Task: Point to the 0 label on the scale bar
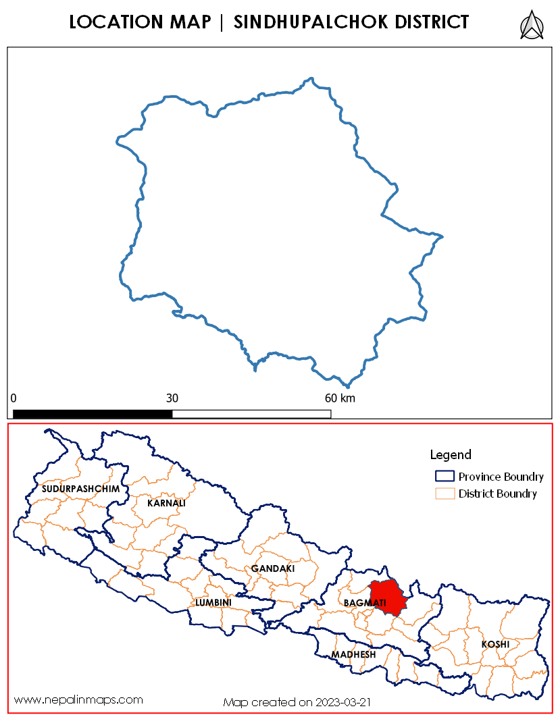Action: (x=14, y=398)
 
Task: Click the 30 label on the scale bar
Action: (x=172, y=398)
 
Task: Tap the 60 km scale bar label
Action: (x=340, y=398)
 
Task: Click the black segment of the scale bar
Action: (x=93, y=413)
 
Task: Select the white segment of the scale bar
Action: (x=251, y=413)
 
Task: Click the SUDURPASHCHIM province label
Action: (x=80, y=488)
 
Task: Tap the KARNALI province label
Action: (x=166, y=503)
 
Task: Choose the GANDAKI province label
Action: (x=273, y=569)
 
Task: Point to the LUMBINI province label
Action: (x=213, y=602)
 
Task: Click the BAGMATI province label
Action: (x=364, y=602)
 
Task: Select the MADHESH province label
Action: (x=353, y=655)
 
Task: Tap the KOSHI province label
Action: (x=494, y=645)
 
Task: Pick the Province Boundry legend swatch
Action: (x=445, y=477)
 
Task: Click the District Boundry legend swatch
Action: (x=445, y=494)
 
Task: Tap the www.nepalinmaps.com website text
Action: (x=79, y=699)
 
